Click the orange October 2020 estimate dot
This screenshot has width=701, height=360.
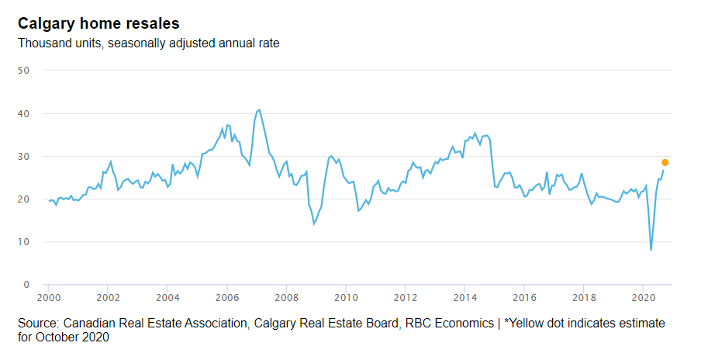pyautogui.click(x=665, y=162)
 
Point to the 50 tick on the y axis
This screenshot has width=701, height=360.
pyautogui.click(x=23, y=71)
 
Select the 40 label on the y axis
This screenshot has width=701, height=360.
pyautogui.click(x=23, y=113)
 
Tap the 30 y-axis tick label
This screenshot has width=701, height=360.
pyautogui.click(x=23, y=156)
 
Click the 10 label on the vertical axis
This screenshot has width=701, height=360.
pyautogui.click(x=23, y=242)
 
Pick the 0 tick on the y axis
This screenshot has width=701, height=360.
pyautogui.click(x=26, y=285)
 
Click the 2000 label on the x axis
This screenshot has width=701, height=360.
pyautogui.click(x=48, y=297)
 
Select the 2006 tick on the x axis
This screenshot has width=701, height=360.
pyautogui.click(x=226, y=297)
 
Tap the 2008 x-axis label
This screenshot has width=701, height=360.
pyautogui.click(x=286, y=297)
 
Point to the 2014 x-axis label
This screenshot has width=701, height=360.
pyautogui.click(x=464, y=297)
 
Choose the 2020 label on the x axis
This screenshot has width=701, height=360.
pyautogui.click(x=643, y=297)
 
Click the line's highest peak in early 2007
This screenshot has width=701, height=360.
pyautogui.click(x=259, y=110)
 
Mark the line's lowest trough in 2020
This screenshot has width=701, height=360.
pyautogui.click(x=651, y=250)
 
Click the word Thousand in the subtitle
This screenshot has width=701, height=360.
pyautogui.click(x=43, y=43)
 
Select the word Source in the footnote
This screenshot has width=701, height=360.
pyautogui.click(x=39, y=322)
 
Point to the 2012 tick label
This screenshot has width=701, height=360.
pyautogui.click(x=405, y=297)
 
